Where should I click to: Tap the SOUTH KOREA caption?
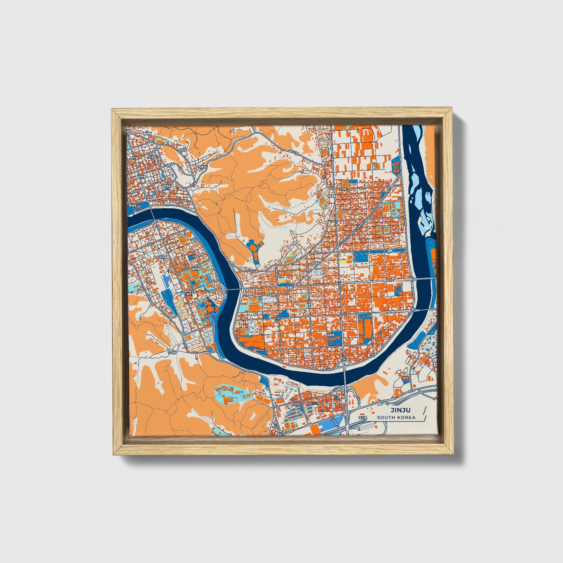pyautogui.click(x=396, y=418)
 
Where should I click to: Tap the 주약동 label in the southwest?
pyautogui.click(x=172, y=352)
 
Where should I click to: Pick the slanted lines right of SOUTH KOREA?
pyautogui.click(x=423, y=413)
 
